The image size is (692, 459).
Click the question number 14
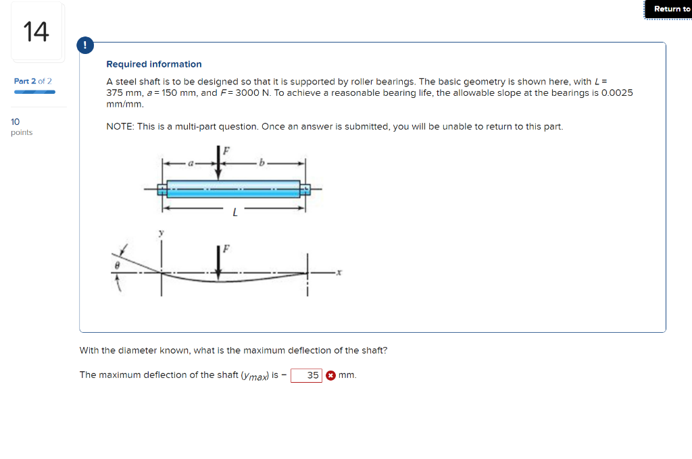(x=36, y=32)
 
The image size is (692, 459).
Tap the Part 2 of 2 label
(x=33, y=81)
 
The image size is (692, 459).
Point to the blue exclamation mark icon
(x=84, y=46)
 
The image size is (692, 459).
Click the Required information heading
(x=154, y=64)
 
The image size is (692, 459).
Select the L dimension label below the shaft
(x=234, y=213)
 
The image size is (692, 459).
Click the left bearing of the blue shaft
(x=162, y=189)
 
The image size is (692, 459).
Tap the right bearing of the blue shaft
(x=305, y=189)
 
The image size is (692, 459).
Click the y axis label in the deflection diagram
(x=161, y=233)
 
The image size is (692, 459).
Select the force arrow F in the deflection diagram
(x=218, y=260)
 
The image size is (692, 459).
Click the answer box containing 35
(x=306, y=375)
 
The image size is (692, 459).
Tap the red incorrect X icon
(x=330, y=375)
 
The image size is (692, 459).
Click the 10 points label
(x=22, y=127)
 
